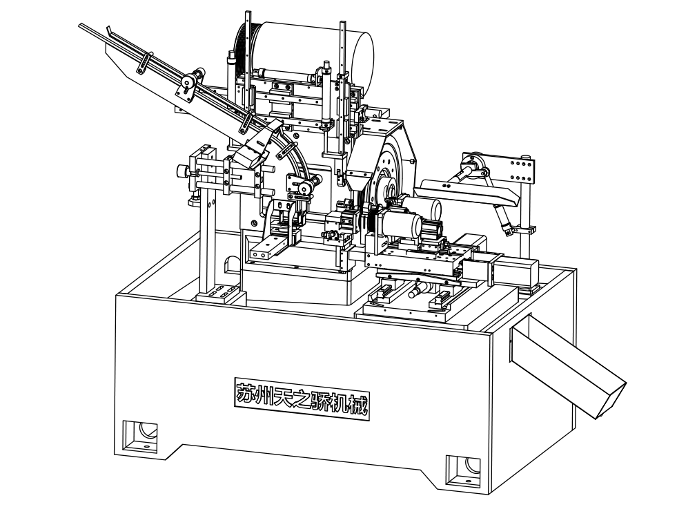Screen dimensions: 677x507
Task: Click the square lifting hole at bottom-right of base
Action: click(463, 470)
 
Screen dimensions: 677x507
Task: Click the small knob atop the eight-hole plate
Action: click(525, 157)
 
